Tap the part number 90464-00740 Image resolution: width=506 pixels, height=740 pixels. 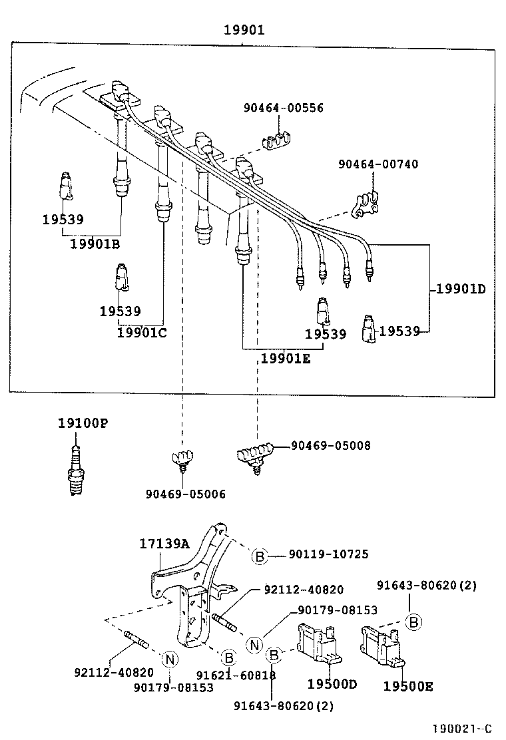(x=378, y=164)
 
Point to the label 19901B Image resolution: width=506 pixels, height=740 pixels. (x=95, y=244)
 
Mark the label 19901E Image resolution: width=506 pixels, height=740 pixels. (x=285, y=359)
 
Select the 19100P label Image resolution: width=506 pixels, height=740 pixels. (x=82, y=423)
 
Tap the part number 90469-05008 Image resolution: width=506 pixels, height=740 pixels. (x=330, y=446)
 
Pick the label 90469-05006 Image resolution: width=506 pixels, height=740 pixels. (x=186, y=494)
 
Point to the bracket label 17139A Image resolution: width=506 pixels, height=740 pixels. (x=164, y=544)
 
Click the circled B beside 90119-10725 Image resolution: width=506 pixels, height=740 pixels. (x=260, y=556)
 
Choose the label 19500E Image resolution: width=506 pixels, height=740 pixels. (x=407, y=685)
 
